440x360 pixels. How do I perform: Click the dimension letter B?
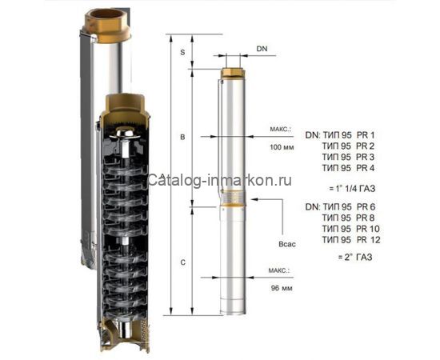click(182, 138)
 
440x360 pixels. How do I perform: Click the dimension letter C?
click(182, 262)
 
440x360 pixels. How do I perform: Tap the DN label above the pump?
click(262, 50)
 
